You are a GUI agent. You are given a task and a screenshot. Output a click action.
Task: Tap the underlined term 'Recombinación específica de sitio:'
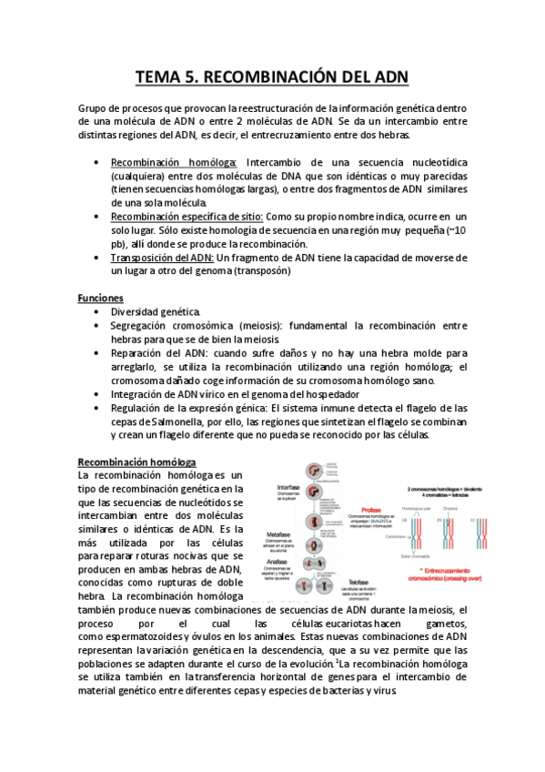[187, 216]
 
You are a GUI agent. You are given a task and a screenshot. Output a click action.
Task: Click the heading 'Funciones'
[101, 298]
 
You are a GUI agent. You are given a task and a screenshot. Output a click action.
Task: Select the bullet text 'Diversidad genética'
[155, 311]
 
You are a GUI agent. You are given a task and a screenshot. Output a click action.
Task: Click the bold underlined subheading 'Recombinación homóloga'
[137, 462]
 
